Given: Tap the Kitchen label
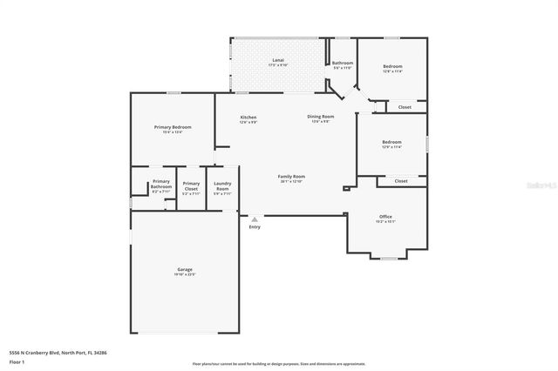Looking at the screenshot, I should click(x=248, y=117).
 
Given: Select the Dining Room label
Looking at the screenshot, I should click(x=320, y=116).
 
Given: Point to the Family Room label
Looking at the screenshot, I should click(x=291, y=177).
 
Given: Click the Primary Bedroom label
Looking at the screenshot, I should click(x=173, y=128).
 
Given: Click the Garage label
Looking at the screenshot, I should click(x=185, y=270).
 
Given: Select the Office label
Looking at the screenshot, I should click(x=385, y=216).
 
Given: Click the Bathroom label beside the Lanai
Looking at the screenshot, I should click(x=342, y=63).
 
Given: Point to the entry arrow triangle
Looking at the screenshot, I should click(x=254, y=219).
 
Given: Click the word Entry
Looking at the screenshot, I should click(x=254, y=227).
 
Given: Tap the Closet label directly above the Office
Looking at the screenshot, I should click(x=400, y=180).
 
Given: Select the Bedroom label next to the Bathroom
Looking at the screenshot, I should click(x=392, y=66).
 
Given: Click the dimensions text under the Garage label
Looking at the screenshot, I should click(x=185, y=275).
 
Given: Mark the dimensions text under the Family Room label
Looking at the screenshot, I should click(x=291, y=182).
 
